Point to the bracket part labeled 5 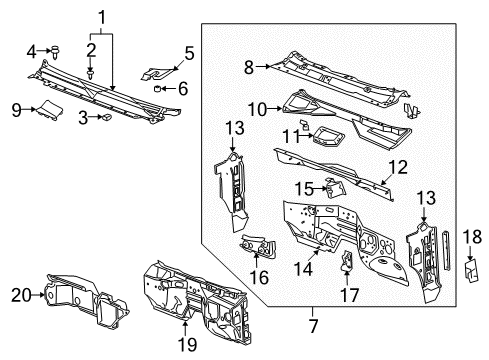[x=157, y=71]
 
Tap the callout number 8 [x=249, y=67]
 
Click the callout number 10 [x=255, y=106]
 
